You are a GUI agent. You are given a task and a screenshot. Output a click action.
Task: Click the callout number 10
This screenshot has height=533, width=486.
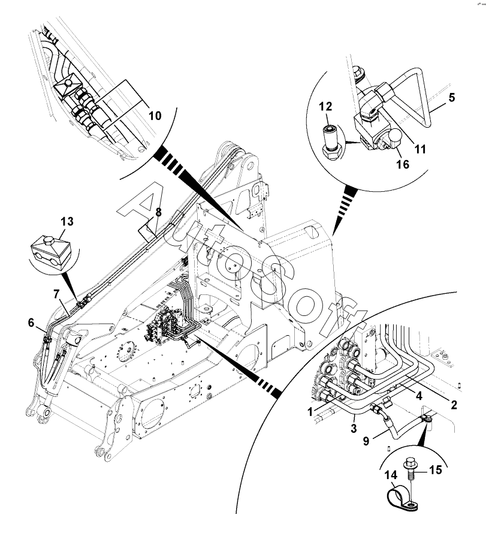tap(155, 116)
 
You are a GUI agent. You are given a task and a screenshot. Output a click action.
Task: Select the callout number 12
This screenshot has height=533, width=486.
tap(325, 106)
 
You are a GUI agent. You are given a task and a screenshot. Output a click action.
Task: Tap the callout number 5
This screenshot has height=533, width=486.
tap(451, 98)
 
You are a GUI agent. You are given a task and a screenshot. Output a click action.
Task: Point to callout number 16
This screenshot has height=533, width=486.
tap(403, 164)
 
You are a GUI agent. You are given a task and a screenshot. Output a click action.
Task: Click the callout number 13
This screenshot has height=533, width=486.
tap(67, 222)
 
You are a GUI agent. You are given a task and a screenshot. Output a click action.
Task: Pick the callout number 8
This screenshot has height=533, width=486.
tap(158, 212)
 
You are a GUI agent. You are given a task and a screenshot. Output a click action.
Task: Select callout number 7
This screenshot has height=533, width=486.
tap(56, 294)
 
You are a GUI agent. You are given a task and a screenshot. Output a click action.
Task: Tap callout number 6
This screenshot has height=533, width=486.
tap(31, 322)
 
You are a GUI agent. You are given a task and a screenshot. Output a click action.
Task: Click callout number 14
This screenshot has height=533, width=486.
tap(391, 475)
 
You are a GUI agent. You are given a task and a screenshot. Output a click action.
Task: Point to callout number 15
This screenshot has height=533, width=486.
tap(435, 470)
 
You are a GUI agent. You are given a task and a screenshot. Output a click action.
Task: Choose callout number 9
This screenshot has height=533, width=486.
tap(366, 441)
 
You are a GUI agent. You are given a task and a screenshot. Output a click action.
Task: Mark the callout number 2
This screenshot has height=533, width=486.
tap(454, 405)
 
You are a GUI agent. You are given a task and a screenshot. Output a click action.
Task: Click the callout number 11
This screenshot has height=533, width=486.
tap(421, 149)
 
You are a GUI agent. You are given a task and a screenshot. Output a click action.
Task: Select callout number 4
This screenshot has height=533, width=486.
tap(419, 396)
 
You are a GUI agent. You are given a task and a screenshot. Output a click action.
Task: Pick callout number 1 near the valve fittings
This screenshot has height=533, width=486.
tap(310, 412)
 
